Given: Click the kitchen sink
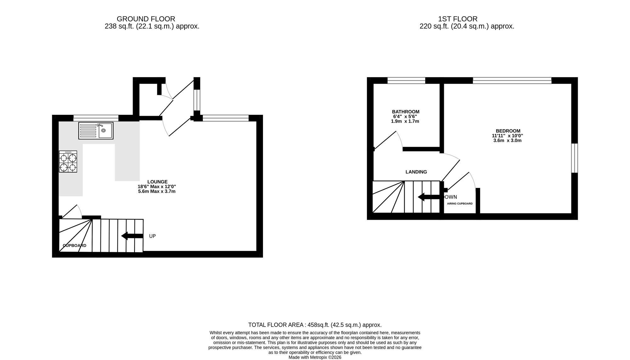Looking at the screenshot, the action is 96,131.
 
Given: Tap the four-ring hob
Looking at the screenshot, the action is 68,161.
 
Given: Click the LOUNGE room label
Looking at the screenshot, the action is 157,182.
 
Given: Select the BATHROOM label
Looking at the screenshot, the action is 406,112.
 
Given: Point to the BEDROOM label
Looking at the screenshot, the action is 508,131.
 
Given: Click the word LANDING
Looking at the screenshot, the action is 416,172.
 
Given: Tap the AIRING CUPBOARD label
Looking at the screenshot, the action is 460,204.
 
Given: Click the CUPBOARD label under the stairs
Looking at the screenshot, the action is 75,246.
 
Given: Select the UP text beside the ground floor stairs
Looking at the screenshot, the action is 152,236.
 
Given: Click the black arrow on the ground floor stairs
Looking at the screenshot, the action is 132,236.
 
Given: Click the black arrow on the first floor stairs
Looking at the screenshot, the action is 429,197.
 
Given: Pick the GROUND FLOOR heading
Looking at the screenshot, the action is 146,19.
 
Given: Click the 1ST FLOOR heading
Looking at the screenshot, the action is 458,19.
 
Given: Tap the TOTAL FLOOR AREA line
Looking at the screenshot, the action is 315,325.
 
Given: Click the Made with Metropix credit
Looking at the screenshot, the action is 315,357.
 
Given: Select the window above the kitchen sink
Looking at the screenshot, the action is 96,118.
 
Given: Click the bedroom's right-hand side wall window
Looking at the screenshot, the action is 575,158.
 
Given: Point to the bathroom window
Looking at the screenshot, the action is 406,81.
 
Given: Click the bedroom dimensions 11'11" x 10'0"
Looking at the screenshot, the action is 507,136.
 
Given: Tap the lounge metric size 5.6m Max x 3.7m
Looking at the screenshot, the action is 157,191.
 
